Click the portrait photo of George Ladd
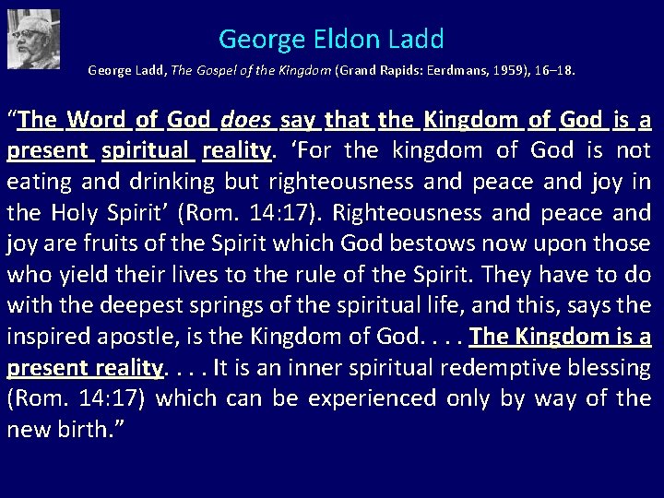33,39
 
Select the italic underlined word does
244,119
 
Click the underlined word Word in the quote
97,119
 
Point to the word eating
37,182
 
